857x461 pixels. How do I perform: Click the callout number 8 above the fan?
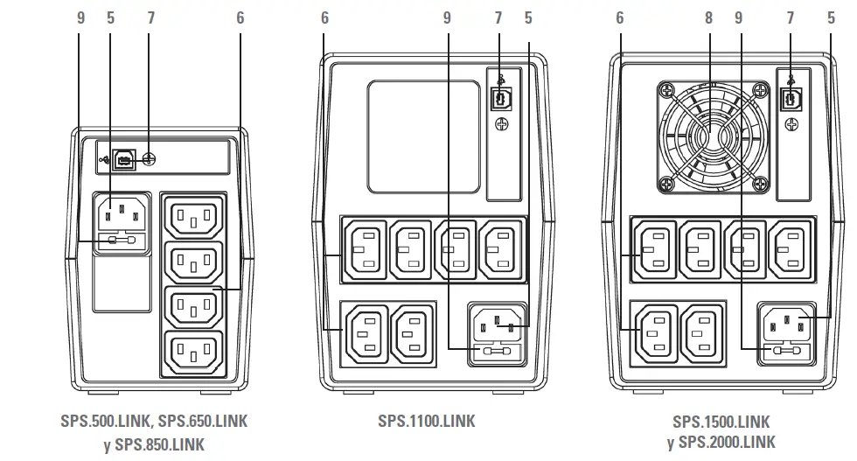point(709,17)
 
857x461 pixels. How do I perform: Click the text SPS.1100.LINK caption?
point(427,421)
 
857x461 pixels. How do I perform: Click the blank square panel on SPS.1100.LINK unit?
point(423,136)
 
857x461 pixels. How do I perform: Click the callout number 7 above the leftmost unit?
point(150,17)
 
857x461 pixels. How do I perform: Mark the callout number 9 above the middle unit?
point(448,17)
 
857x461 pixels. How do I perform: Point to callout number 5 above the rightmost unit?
point(831,17)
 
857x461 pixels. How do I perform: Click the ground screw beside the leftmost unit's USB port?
point(149,160)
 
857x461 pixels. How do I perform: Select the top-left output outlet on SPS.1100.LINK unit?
point(365,250)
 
